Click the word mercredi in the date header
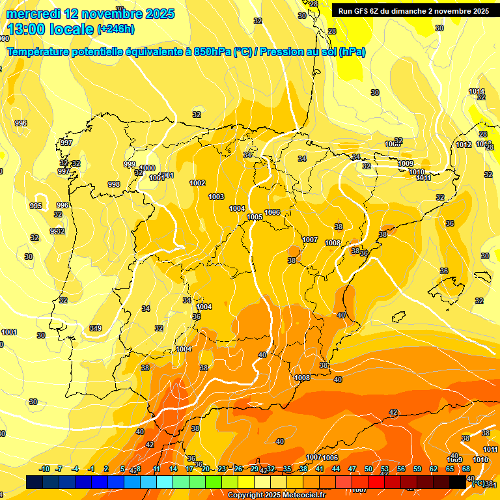coord(33,14)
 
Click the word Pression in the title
coord(281,52)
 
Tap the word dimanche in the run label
coord(410,11)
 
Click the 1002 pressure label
coord(197,183)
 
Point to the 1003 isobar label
coord(216,197)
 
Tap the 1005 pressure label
coord(255,217)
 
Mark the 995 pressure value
coord(36,206)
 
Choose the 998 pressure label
coord(114,184)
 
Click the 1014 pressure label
coord(477,91)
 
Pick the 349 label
coord(96,327)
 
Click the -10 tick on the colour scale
coord(44,469)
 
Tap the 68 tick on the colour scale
coord(466,469)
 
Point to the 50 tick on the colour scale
coord(368,469)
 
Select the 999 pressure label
coord(130,164)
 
